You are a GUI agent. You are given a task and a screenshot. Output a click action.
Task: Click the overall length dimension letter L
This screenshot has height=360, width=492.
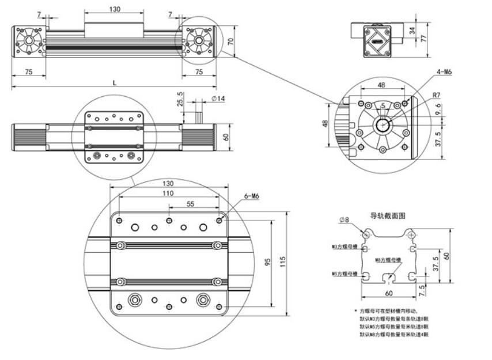(x=114, y=83)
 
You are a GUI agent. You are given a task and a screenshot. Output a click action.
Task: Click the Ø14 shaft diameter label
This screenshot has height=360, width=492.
(x=218, y=98)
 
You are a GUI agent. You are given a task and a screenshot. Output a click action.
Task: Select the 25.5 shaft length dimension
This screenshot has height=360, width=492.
(x=180, y=102)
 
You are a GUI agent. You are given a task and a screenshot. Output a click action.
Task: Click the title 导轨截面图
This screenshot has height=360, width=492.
(x=388, y=216)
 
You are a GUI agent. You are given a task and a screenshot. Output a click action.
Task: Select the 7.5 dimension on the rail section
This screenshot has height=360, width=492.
(x=425, y=289)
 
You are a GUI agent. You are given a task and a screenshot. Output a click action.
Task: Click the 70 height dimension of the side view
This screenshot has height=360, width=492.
(x=230, y=41)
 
